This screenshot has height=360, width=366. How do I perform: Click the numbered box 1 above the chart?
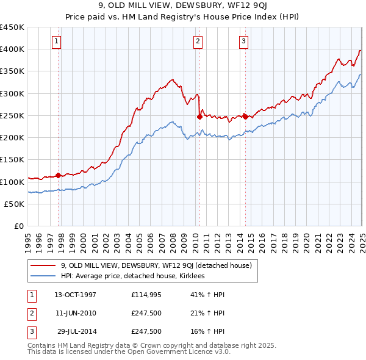pos(56,41)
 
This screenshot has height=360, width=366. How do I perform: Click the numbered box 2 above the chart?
pos(198,41)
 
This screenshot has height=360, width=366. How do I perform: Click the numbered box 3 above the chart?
pos(243,41)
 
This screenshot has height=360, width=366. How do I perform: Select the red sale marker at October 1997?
pos(59,175)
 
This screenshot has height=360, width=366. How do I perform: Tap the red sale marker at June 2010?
pos(199,117)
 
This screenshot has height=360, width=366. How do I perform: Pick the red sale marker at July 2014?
pos(245,117)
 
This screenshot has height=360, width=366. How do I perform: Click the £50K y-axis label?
pos(15,204)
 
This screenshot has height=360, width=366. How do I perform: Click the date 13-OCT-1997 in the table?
pos(75,295)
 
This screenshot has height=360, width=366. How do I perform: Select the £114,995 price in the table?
pos(146,295)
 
